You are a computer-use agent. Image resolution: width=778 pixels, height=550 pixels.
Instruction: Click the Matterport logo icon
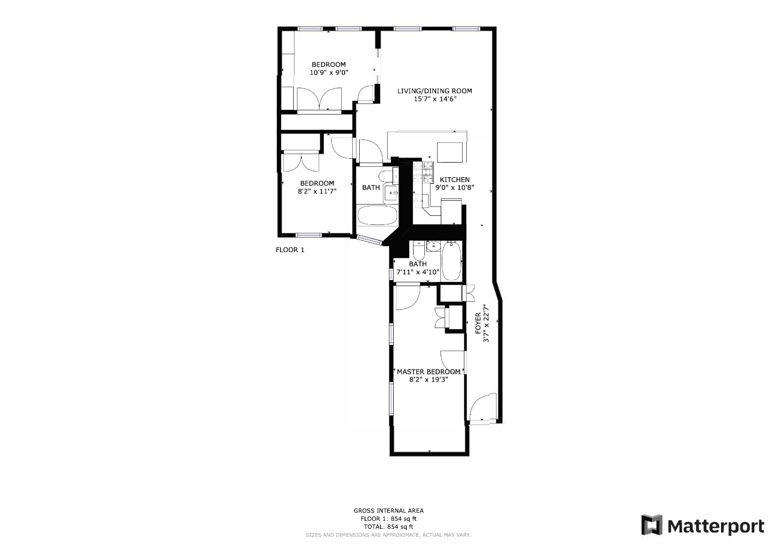(652, 525)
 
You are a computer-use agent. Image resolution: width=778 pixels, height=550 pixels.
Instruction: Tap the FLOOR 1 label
(290, 250)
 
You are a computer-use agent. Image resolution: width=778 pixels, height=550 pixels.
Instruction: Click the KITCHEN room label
(455, 180)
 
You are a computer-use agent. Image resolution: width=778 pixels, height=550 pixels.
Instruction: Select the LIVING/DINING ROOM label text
(434, 91)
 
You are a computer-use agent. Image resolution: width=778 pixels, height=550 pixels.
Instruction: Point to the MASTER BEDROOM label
(428, 371)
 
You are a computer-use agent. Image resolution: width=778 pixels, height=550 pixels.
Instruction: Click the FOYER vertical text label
(478, 323)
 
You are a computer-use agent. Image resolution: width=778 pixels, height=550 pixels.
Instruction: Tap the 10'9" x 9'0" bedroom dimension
(329, 73)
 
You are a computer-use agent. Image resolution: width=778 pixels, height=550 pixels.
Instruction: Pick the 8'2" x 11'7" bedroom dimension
(317, 191)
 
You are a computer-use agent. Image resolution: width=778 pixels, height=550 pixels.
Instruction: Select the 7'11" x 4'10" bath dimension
(418, 272)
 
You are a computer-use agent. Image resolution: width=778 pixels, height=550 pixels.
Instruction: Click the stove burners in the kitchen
(428, 172)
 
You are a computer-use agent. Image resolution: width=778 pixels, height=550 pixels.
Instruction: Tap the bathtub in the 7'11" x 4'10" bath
(451, 262)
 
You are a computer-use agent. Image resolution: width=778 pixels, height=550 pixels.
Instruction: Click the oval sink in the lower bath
(433, 246)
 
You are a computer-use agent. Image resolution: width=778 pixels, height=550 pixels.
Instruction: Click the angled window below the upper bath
(369, 240)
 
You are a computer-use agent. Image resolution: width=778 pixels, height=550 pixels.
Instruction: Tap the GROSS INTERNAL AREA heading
(389, 510)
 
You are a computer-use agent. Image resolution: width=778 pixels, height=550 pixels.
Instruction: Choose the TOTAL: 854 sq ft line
(389, 526)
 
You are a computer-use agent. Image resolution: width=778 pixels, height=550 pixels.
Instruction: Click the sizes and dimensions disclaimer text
(389, 535)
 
